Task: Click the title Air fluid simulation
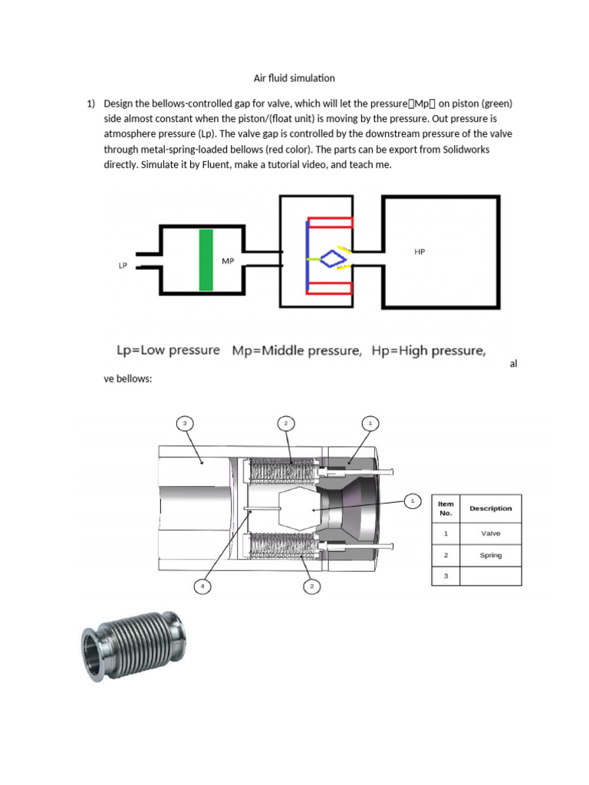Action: coord(294,78)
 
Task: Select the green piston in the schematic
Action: coord(206,260)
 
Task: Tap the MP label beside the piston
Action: coord(228,261)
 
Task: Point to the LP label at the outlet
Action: coord(123,266)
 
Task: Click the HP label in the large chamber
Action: coord(420,251)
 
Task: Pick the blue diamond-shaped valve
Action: coord(332,258)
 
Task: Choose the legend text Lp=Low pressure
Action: coord(167,350)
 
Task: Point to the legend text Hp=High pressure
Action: coord(428,350)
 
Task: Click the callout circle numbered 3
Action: coord(184,422)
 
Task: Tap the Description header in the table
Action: coord(490,507)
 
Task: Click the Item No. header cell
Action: coord(446,507)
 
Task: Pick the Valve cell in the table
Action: coord(490,533)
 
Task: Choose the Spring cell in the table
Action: coord(490,555)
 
